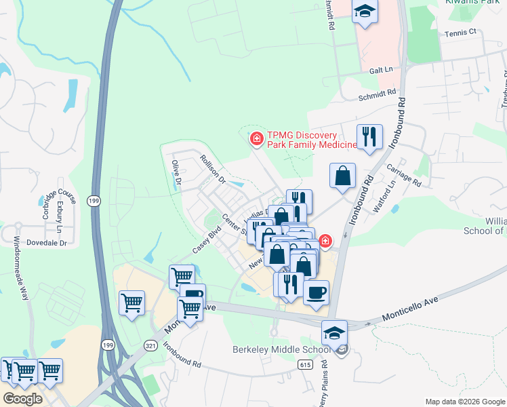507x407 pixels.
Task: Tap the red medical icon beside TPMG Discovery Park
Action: coord(257,140)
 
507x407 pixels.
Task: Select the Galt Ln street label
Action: coord(381,70)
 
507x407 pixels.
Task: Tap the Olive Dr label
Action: coord(176,172)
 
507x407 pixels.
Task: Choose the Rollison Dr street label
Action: coord(212,169)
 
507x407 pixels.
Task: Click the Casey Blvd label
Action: coord(207,239)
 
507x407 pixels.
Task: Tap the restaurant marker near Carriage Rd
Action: coord(369,136)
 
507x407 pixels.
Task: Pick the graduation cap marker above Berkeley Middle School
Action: coord(334,333)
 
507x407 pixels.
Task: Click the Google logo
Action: coord(22,399)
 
